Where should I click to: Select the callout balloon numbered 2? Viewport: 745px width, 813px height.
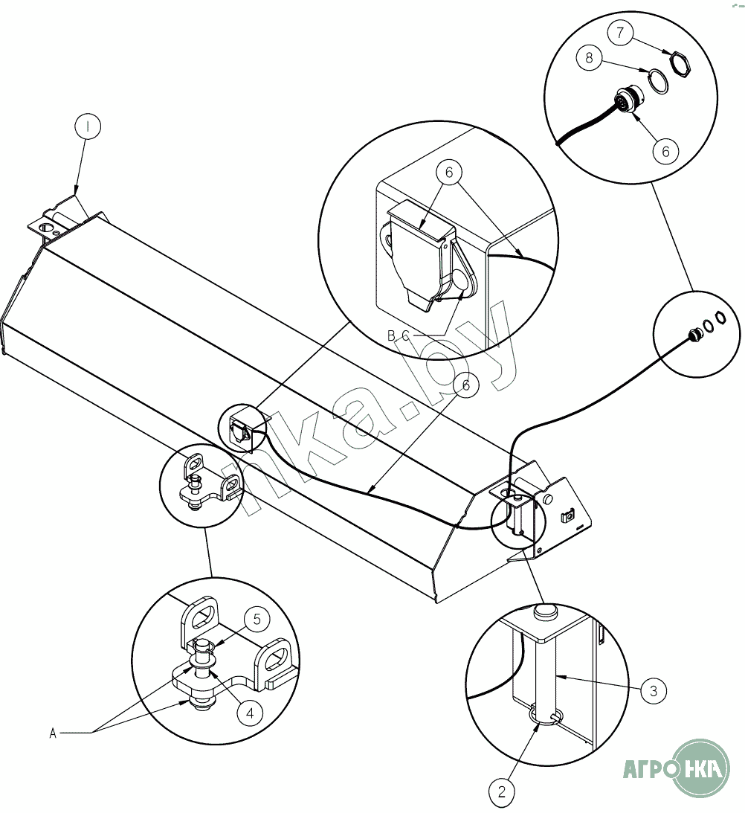point(502,791)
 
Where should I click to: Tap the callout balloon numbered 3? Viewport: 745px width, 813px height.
point(654,690)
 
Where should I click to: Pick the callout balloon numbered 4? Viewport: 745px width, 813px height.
point(250,713)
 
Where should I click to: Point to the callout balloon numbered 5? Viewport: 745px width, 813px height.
point(257,620)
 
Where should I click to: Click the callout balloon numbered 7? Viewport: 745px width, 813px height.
point(620,33)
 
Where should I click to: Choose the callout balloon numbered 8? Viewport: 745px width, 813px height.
point(589,57)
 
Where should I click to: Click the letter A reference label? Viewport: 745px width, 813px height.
point(52,733)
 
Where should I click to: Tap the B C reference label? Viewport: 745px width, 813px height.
point(399,336)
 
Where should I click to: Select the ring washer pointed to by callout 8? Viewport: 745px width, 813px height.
point(659,82)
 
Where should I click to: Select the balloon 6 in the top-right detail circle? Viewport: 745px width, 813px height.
point(665,151)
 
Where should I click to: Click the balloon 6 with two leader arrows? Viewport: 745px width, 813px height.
point(449,172)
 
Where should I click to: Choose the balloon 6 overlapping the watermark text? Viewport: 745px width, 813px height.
point(465,385)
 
